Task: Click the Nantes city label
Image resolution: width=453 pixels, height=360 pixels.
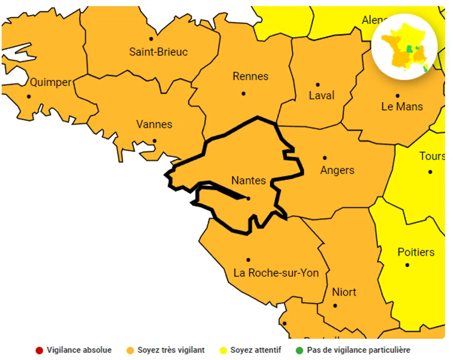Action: tap(248, 180)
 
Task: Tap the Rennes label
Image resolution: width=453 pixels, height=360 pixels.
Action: tap(250, 76)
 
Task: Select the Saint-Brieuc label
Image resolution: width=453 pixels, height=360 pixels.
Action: tap(158, 52)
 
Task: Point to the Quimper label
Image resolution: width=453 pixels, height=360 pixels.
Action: tap(51, 82)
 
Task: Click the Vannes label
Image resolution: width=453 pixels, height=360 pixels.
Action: tap(154, 124)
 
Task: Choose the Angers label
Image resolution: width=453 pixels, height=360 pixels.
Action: tap(337, 170)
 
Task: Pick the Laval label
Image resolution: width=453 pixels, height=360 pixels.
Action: tap(322, 96)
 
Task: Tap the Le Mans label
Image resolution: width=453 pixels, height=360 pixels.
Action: tap(402, 107)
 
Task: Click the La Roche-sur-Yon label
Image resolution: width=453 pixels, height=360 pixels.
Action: tap(276, 273)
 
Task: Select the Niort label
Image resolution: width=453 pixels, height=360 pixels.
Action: tap(344, 292)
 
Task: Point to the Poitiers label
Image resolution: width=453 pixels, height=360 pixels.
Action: tap(416, 252)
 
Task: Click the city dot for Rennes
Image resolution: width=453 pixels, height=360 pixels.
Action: tap(243, 94)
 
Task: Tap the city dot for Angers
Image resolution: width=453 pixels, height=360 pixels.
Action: tap(325, 158)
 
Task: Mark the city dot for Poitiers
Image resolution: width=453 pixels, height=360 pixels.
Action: tap(407, 265)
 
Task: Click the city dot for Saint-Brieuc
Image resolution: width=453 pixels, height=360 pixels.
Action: tap(151, 39)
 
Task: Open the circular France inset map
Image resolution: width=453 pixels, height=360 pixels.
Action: tap(404, 47)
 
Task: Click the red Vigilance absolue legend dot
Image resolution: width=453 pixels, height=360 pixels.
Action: tap(39, 351)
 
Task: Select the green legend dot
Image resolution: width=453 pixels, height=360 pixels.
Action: tap(299, 351)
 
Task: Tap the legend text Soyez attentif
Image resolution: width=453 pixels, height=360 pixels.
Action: tap(255, 350)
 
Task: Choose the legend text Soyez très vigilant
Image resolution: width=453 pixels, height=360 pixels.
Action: tap(171, 350)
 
